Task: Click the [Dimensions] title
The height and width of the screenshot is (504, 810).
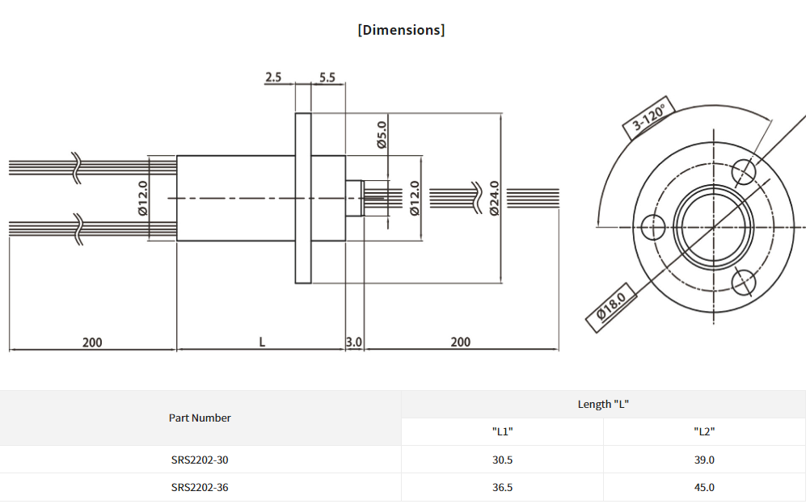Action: pyautogui.click(x=401, y=30)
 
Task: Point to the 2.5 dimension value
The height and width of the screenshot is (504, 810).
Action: pyautogui.click(x=273, y=78)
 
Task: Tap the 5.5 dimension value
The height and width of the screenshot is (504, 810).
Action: pyautogui.click(x=327, y=78)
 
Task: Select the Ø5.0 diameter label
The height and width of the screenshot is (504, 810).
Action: pyautogui.click(x=382, y=134)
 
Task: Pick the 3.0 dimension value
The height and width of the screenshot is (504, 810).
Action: pyautogui.click(x=354, y=342)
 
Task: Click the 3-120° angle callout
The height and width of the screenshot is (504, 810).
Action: pyautogui.click(x=649, y=118)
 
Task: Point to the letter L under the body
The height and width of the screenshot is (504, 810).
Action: pyautogui.click(x=262, y=342)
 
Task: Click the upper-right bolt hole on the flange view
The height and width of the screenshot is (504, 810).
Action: pyautogui.click(x=745, y=170)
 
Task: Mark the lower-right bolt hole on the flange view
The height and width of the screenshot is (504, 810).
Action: pyautogui.click(x=744, y=281)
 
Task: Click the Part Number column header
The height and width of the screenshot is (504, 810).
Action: pyautogui.click(x=200, y=418)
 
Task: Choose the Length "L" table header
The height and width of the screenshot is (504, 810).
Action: pyautogui.click(x=603, y=404)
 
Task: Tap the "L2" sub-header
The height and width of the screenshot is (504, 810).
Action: pyautogui.click(x=704, y=431)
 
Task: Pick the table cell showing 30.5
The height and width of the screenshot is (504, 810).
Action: pyautogui.click(x=503, y=460)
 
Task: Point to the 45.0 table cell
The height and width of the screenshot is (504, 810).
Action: pyautogui.click(x=704, y=487)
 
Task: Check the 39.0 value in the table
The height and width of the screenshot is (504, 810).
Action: pyautogui.click(x=704, y=460)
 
